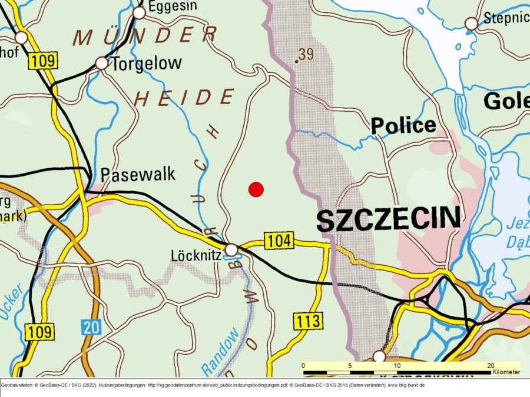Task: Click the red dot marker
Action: click(256, 189)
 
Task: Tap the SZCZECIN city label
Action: click(389, 219)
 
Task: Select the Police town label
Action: click(403, 125)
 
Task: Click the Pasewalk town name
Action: click(138, 175)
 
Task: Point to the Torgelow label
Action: click(147, 64)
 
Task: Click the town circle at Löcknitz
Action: click(231, 250)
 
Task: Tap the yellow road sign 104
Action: click(279, 241)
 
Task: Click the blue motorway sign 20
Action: click(91, 327)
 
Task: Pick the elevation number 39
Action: click(306, 55)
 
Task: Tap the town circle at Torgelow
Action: click(102, 63)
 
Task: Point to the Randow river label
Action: click(221, 352)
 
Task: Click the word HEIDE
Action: click(184, 98)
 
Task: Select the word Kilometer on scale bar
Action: click(506, 372)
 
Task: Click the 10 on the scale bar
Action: click(397, 365)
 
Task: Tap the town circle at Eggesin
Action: click(139, 12)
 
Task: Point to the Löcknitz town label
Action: click(196, 256)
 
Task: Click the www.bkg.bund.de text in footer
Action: click(405, 385)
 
